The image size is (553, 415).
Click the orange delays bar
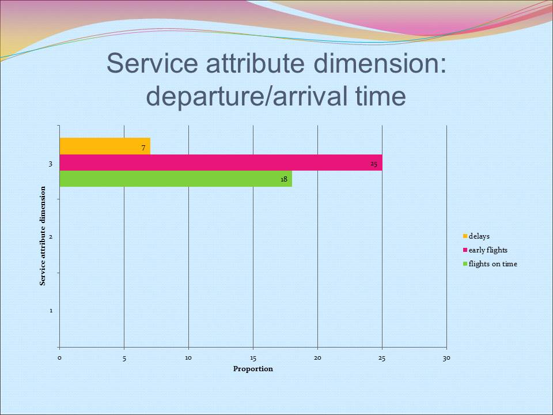point(104,146)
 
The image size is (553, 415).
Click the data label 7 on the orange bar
point(143,148)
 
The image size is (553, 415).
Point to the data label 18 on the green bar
point(284,179)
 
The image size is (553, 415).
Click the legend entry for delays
point(479,236)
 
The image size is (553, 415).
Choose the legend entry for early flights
point(488,250)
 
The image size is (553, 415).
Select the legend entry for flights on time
point(493,264)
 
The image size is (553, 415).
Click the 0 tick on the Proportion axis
point(59,359)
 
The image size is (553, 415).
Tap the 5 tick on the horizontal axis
point(124,359)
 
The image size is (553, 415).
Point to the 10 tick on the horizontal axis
point(188,359)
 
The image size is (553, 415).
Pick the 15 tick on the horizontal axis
point(253,359)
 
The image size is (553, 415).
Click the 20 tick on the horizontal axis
point(317,359)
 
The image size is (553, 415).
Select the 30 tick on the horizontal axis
point(446,359)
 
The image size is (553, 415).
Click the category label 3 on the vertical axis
point(51,164)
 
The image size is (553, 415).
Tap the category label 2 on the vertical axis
point(51,237)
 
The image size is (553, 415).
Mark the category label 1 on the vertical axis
point(51,311)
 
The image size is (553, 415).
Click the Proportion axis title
point(253,369)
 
